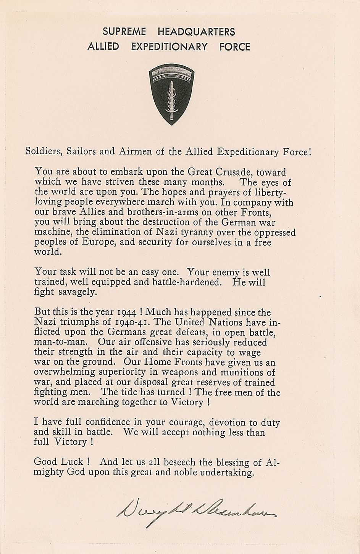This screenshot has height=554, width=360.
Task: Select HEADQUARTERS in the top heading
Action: pyautogui.click(x=196, y=32)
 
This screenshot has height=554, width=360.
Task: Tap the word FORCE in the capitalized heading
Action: pyautogui.click(x=235, y=47)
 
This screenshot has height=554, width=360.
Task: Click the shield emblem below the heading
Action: pyautogui.click(x=171, y=94)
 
